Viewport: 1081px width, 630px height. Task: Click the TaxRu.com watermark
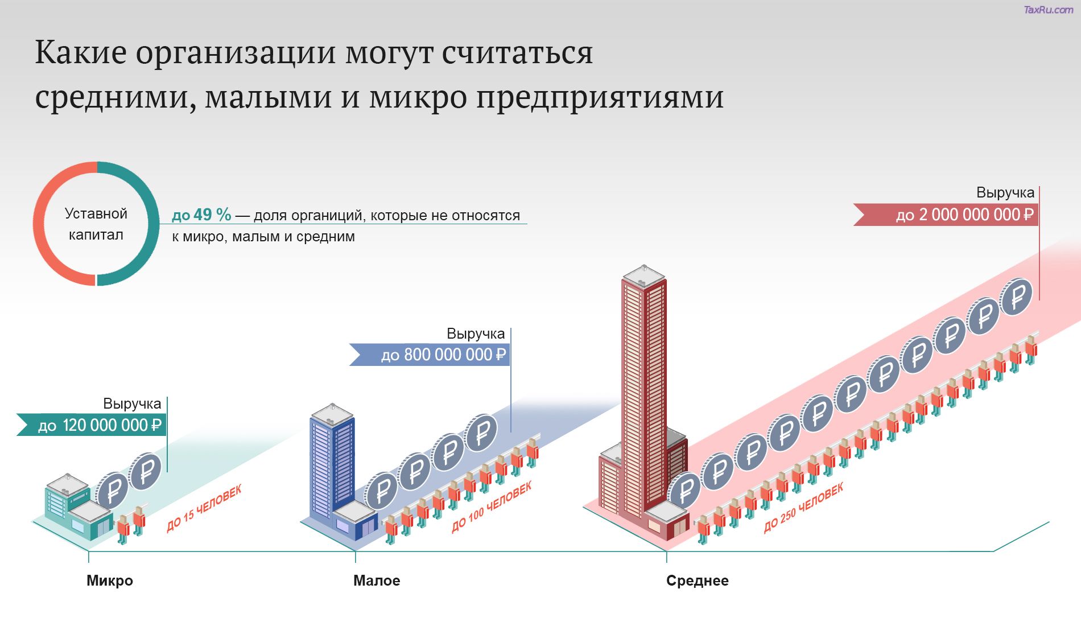tap(1048, 10)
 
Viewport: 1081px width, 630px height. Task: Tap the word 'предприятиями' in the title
tap(600, 98)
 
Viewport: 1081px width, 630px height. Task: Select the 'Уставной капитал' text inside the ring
tap(96, 224)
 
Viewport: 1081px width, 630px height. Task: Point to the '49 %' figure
tap(212, 215)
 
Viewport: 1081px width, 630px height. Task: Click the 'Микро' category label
tap(110, 580)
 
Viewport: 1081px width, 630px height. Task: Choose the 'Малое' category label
tap(377, 580)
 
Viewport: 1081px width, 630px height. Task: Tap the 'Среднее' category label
tap(697, 580)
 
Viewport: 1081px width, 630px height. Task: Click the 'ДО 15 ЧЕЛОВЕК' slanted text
tap(204, 508)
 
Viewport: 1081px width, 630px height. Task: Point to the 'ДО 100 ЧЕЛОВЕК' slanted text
tap(492, 506)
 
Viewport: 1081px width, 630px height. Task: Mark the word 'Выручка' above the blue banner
tap(476, 333)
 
